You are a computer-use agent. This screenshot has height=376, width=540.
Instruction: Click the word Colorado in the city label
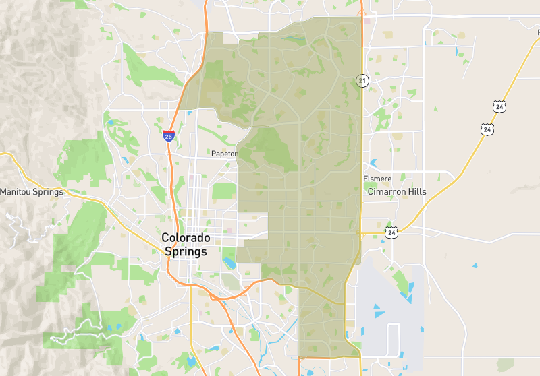pyautogui.click(x=186, y=238)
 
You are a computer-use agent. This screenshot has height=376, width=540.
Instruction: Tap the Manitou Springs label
pyautogui.click(x=32, y=192)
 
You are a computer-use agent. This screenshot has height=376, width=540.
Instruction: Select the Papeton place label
pyautogui.click(x=225, y=154)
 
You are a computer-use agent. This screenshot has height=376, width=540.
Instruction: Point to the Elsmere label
pyautogui.click(x=377, y=179)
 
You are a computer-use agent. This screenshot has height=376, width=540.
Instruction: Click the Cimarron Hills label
pyautogui.click(x=397, y=192)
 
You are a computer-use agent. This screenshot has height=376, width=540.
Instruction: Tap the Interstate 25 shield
pyautogui.click(x=169, y=135)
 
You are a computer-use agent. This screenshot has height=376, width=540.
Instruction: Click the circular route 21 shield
pyautogui.click(x=362, y=81)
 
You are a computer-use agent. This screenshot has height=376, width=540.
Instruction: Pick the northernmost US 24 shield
pyautogui.click(x=499, y=106)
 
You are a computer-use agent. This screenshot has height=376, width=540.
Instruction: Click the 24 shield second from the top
pyautogui.click(x=487, y=128)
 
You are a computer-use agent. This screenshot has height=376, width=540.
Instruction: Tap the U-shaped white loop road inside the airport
pyautogui.click(x=394, y=335)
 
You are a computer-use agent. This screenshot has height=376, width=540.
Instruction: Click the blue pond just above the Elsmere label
pyautogui.click(x=373, y=164)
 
